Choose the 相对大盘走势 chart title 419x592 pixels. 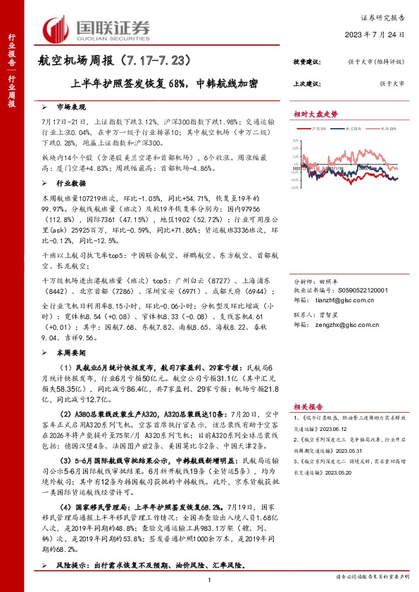tap(315, 114)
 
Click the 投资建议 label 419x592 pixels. tap(307, 63)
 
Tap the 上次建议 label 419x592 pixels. tap(307, 84)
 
